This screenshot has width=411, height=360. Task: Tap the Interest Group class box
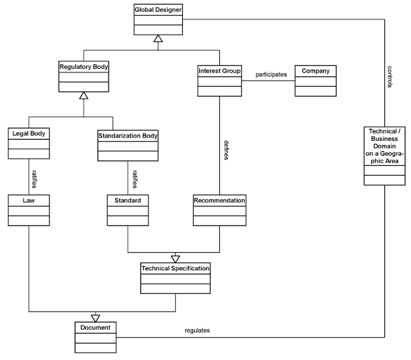[219, 81]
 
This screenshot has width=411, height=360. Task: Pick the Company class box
[315, 81]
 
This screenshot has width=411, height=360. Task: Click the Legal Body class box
[29, 144]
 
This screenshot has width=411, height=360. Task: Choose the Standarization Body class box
[127, 146]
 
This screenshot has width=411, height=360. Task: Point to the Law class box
[29, 210]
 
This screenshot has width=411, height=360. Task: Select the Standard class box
[127, 210]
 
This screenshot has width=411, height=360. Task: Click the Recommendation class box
[219, 210]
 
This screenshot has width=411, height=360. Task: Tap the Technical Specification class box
[176, 278]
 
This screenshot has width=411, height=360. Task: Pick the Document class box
[95, 337]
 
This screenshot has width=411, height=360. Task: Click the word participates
[271, 74]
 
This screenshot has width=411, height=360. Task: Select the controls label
[390, 77]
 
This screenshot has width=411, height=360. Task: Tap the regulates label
[197, 331]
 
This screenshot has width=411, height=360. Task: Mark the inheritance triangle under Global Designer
[158, 39]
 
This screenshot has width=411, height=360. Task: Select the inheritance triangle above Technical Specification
[176, 258]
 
